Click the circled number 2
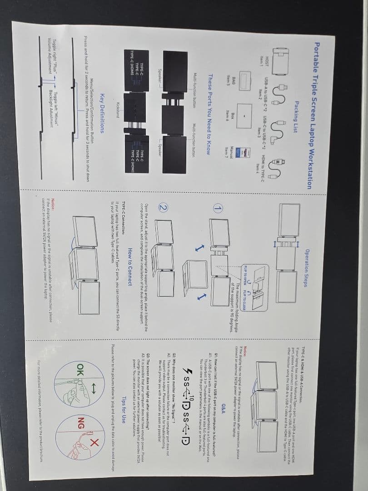pos(162,208)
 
